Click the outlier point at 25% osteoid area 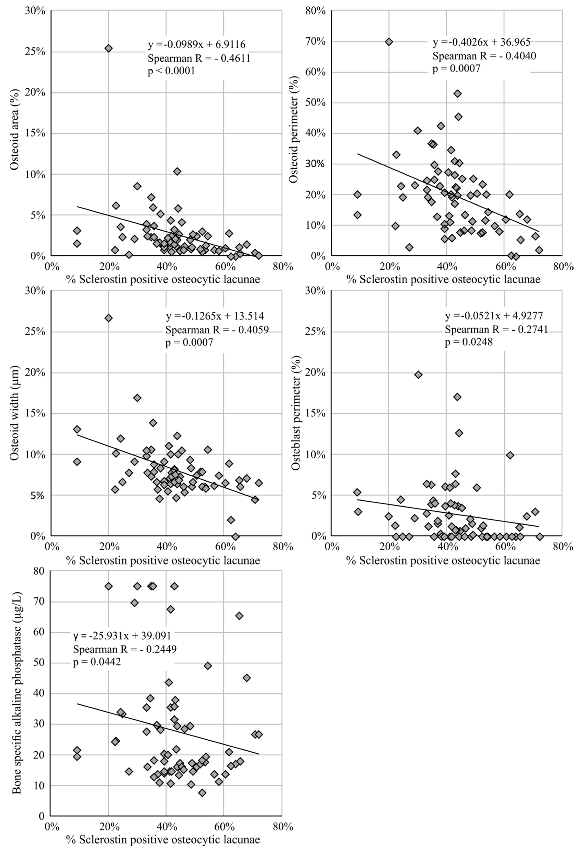pos(108,48)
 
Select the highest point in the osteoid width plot pos(108,318)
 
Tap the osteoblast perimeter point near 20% pos(418,375)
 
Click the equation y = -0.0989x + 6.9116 pos(196,45)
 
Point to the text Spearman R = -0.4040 pos(484,56)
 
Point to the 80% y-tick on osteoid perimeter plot pos(317,11)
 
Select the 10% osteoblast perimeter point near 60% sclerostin pos(510,455)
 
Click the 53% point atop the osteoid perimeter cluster pos(457,94)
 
